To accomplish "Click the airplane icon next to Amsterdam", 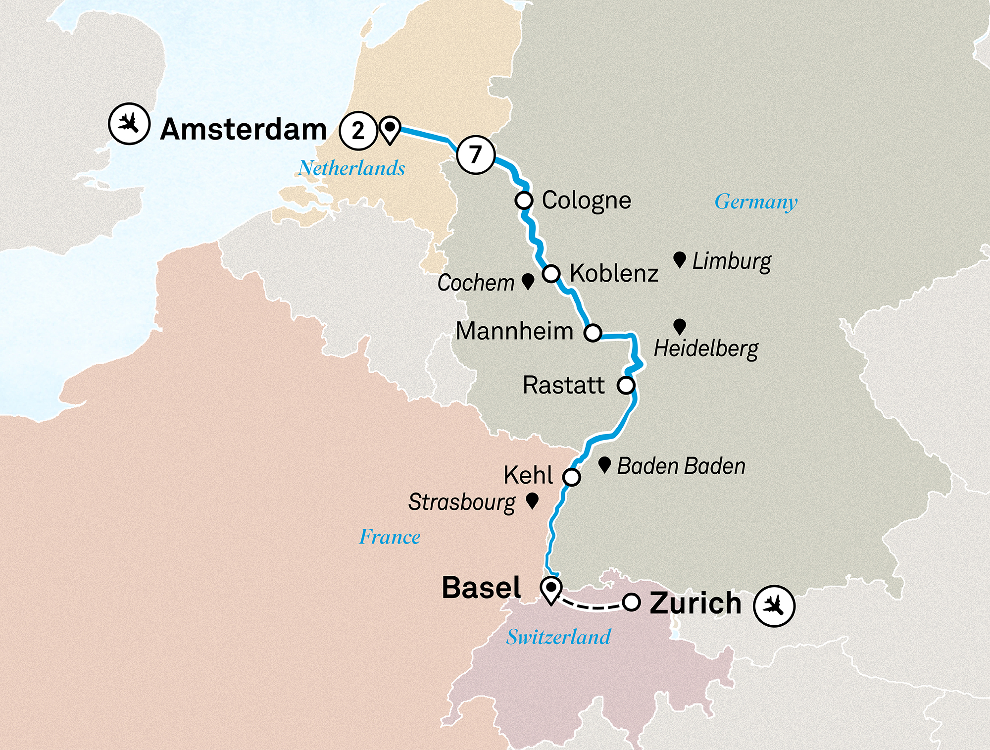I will (129, 123).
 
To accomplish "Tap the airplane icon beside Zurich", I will (774, 605).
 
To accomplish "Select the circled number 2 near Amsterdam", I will (358, 131).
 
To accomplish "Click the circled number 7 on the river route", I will (476, 154).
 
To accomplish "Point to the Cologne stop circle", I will (524, 200).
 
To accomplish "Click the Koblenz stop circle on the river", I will (551, 273).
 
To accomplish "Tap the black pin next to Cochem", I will (528, 281).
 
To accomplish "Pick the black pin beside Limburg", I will (680, 259).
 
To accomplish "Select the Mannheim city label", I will (514, 331).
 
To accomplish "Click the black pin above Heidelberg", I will (680, 326).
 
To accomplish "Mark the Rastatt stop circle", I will (626, 385).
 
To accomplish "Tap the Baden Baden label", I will (681, 466).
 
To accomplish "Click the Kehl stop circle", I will (572, 477).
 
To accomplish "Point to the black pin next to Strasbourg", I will (532, 500).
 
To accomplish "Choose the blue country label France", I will (390, 537).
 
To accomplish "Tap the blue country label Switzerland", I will (558, 637).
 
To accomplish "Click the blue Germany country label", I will (756, 202).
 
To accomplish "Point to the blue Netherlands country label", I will (351, 168).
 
